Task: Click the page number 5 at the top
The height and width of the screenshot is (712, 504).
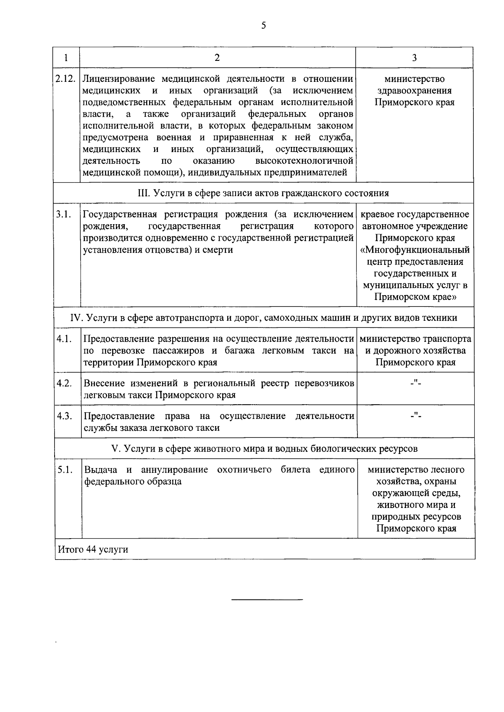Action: click(263, 26)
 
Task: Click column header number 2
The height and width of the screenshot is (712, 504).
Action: click(217, 58)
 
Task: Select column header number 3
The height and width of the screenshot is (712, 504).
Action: click(414, 58)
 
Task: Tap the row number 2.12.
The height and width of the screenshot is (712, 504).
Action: click(66, 79)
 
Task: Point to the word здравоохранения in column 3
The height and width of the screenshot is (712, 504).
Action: click(414, 91)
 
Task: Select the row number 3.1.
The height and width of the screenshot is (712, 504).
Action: click(64, 215)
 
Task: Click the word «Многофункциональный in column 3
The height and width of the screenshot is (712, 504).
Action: click(415, 250)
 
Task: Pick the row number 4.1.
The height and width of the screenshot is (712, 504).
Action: click(64, 339)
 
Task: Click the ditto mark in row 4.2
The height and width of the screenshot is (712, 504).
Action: click(415, 382)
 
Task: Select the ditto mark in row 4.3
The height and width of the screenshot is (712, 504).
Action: click(415, 415)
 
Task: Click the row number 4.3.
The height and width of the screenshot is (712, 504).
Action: click(64, 416)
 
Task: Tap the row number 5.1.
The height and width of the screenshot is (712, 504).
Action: click(64, 470)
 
